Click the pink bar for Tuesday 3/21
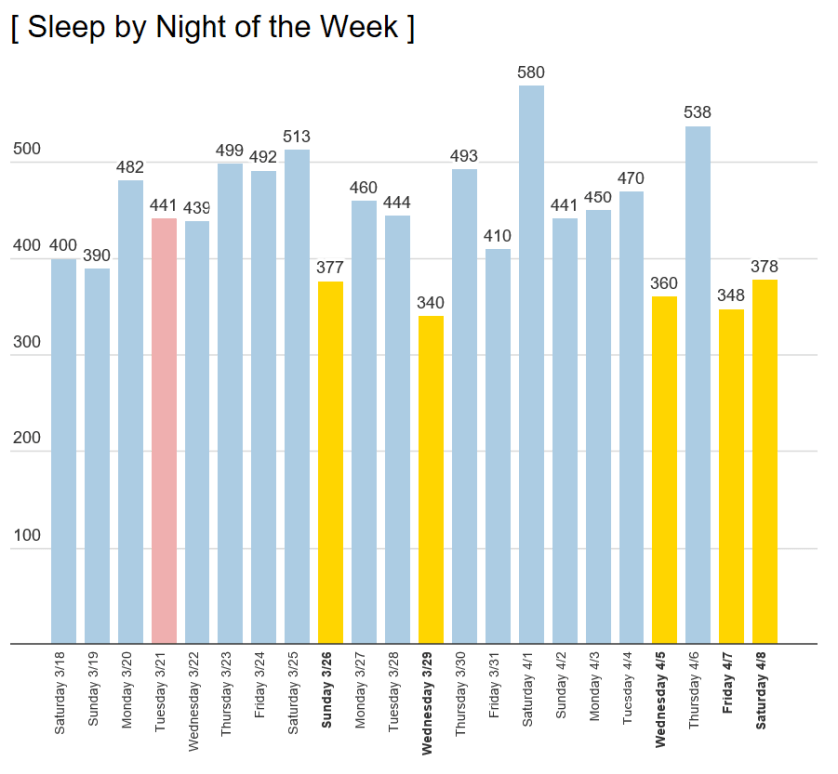(164, 431)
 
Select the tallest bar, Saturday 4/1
(531, 364)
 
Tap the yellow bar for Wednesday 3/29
(431, 480)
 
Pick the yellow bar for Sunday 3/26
(330, 463)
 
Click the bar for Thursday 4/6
(698, 384)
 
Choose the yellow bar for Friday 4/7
(731, 477)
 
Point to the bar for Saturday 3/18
(63, 451)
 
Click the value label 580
(531, 72)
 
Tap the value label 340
(431, 303)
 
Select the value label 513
(297, 136)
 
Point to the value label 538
(698, 112)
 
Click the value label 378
(765, 266)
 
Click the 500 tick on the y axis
(26, 150)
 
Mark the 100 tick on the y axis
(26, 536)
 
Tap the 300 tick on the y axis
(26, 342)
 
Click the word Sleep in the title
(63, 27)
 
